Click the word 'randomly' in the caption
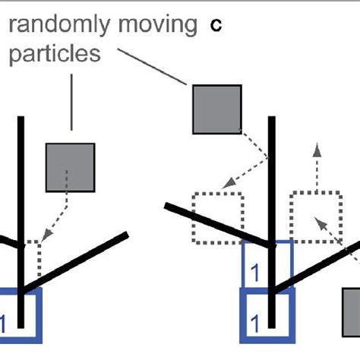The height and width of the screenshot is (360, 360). click(x=54, y=27)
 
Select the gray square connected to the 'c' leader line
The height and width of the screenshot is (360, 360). click(x=216, y=109)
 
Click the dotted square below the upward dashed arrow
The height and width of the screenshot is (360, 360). click(x=314, y=216)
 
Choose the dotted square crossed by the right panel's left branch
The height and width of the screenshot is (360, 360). click(x=217, y=217)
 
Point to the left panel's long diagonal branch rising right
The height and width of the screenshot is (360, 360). click(x=76, y=262)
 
